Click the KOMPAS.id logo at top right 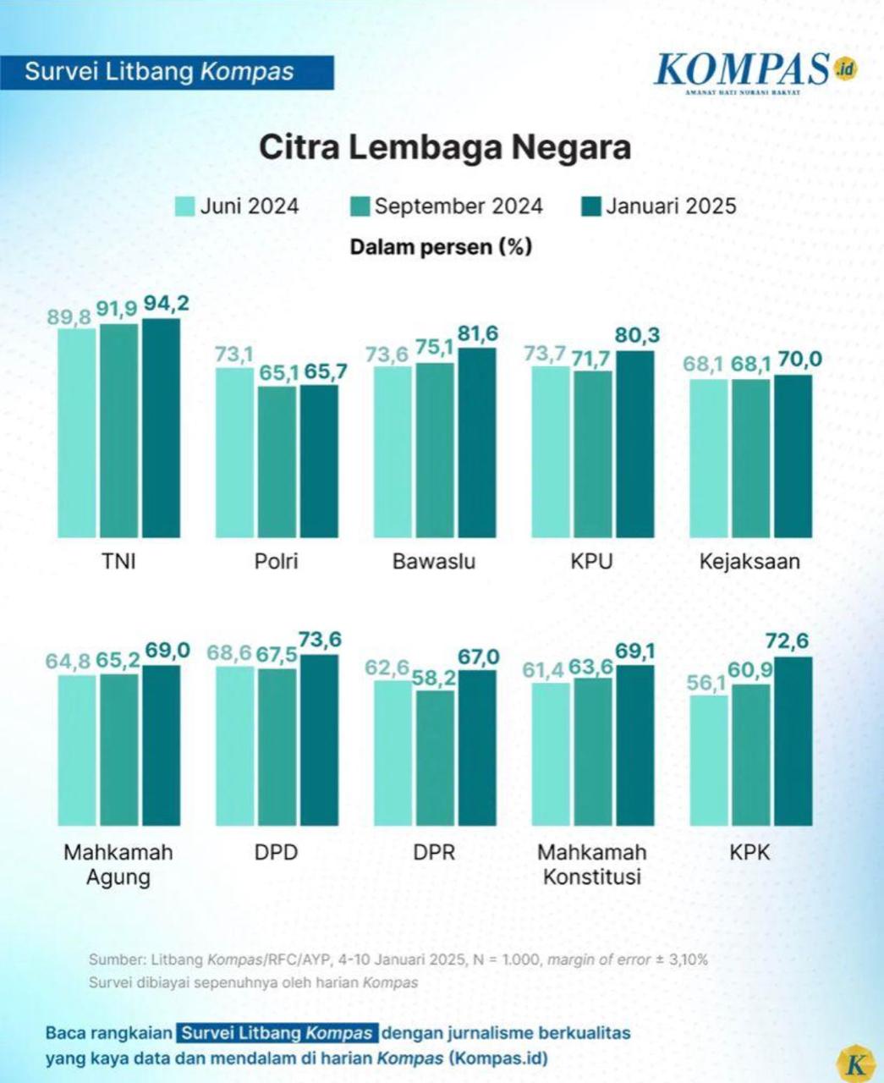pos(755,71)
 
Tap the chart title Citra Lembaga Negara pos(444,146)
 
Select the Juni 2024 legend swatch pos(185,206)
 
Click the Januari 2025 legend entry pos(659,206)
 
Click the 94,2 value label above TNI pos(165,304)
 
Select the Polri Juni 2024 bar pos(234,453)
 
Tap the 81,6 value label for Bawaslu pos(477,333)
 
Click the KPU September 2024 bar pos(593,454)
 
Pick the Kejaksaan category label pos(749,561)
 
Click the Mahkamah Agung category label pos(118,864)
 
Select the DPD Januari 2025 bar pos(318,739)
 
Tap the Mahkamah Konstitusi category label pos(592,864)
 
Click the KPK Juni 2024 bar pos(709,760)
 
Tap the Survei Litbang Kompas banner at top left pos(167,72)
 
